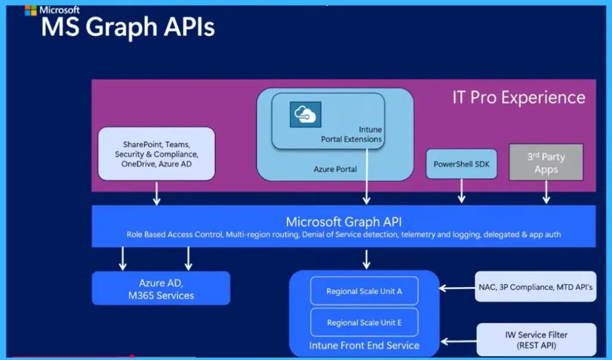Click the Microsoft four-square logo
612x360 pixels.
coord(30,10)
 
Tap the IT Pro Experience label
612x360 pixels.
coord(518,97)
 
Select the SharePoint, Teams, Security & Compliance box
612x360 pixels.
coord(156,154)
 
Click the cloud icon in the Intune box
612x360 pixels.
coord(305,114)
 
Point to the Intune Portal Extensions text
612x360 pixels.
coord(352,135)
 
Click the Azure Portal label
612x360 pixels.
coord(335,169)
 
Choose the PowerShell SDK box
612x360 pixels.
coord(461,164)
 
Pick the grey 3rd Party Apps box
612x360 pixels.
coord(546,163)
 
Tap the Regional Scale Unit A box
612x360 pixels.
coord(364,291)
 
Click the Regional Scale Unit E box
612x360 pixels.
coord(364,322)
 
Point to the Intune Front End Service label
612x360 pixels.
coord(364,345)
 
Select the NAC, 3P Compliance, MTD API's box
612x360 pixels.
coord(535,287)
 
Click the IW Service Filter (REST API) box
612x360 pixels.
coord(535,339)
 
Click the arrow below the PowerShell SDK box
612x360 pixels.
coord(461,192)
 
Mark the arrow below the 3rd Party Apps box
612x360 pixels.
coord(546,193)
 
